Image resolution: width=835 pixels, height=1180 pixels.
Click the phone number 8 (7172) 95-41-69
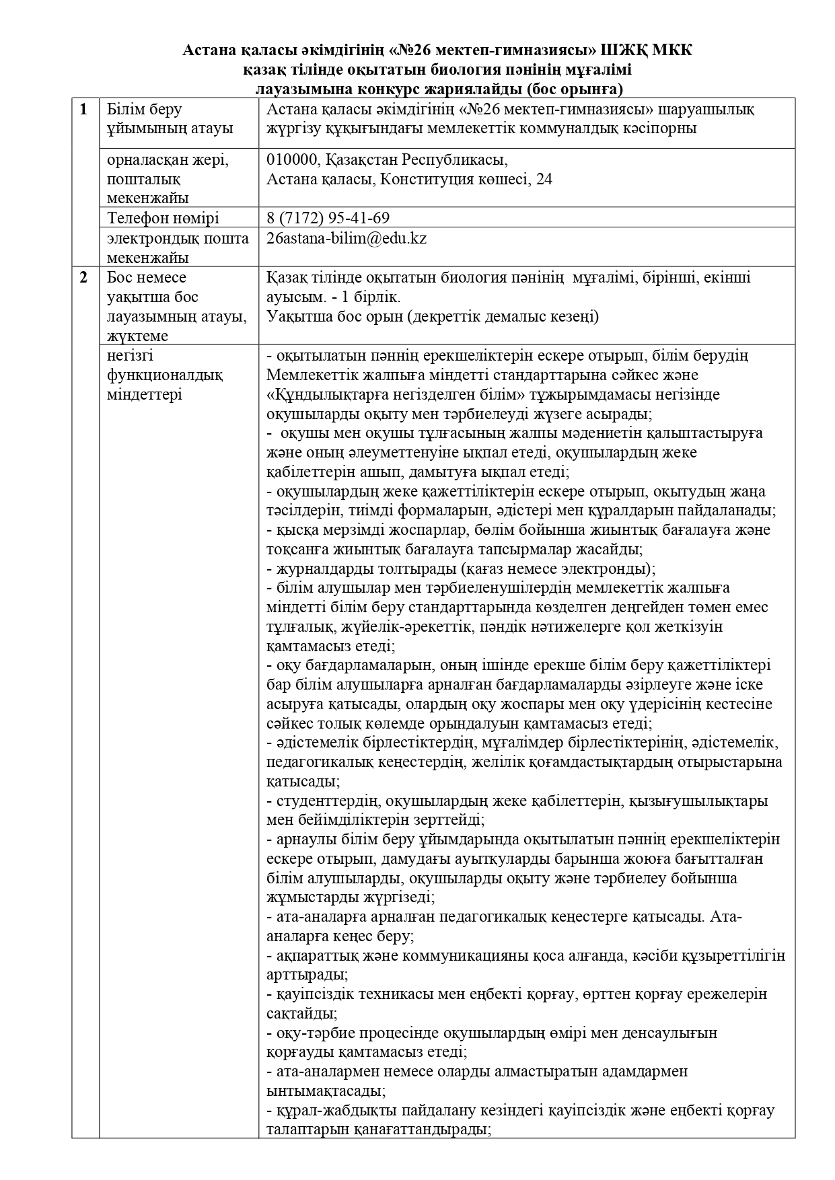[328, 218]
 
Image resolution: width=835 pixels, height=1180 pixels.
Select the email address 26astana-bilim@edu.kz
[347, 238]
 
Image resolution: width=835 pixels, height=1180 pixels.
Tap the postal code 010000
[289, 160]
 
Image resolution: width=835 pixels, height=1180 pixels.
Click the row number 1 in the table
[83, 110]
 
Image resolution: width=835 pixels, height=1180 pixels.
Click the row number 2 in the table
[83, 277]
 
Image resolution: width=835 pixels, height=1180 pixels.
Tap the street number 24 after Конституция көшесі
[544, 180]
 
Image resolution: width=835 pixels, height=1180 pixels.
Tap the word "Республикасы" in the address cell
[454, 160]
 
